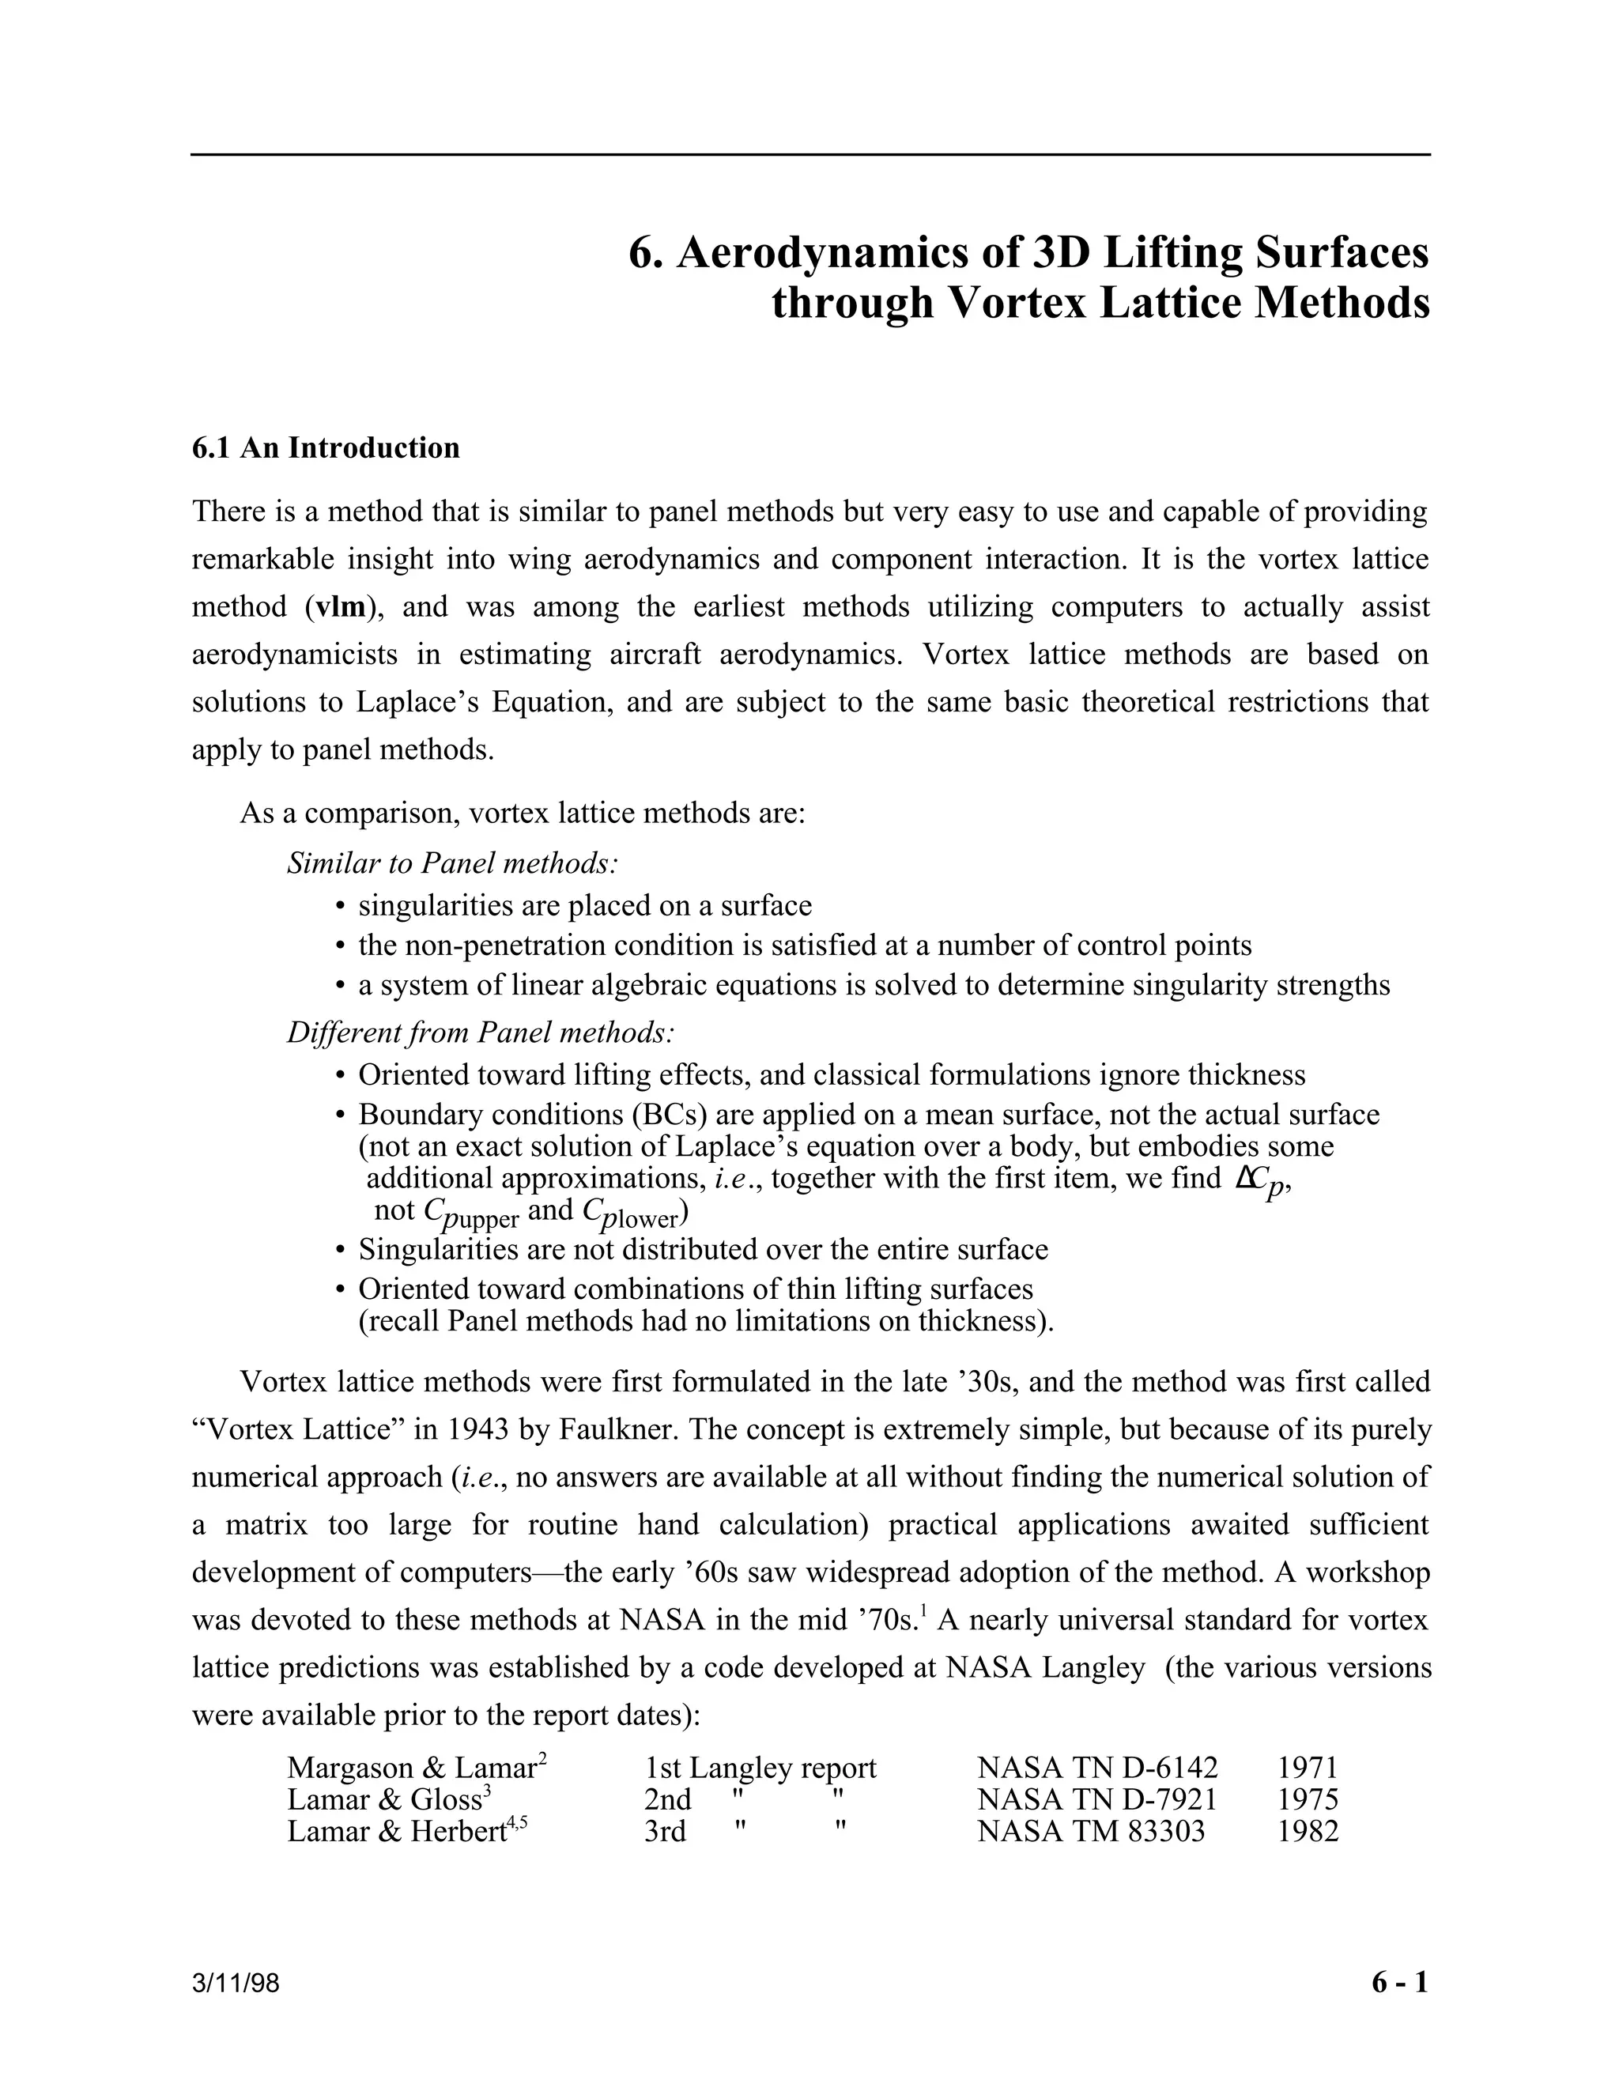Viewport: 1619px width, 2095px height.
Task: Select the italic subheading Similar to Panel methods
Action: click(451, 863)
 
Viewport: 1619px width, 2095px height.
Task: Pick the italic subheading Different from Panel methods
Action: click(481, 1033)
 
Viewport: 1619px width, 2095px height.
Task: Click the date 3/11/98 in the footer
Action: click(236, 1984)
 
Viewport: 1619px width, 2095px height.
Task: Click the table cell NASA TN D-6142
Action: click(1097, 1768)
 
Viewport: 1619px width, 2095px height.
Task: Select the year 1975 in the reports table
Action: click(1308, 1799)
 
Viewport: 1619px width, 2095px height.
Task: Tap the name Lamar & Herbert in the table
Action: click(395, 1833)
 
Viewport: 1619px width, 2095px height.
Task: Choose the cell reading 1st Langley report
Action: click(760, 1768)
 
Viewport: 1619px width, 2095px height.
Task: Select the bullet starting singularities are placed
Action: click(584, 905)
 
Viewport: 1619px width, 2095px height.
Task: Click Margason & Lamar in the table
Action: click(410, 1768)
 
